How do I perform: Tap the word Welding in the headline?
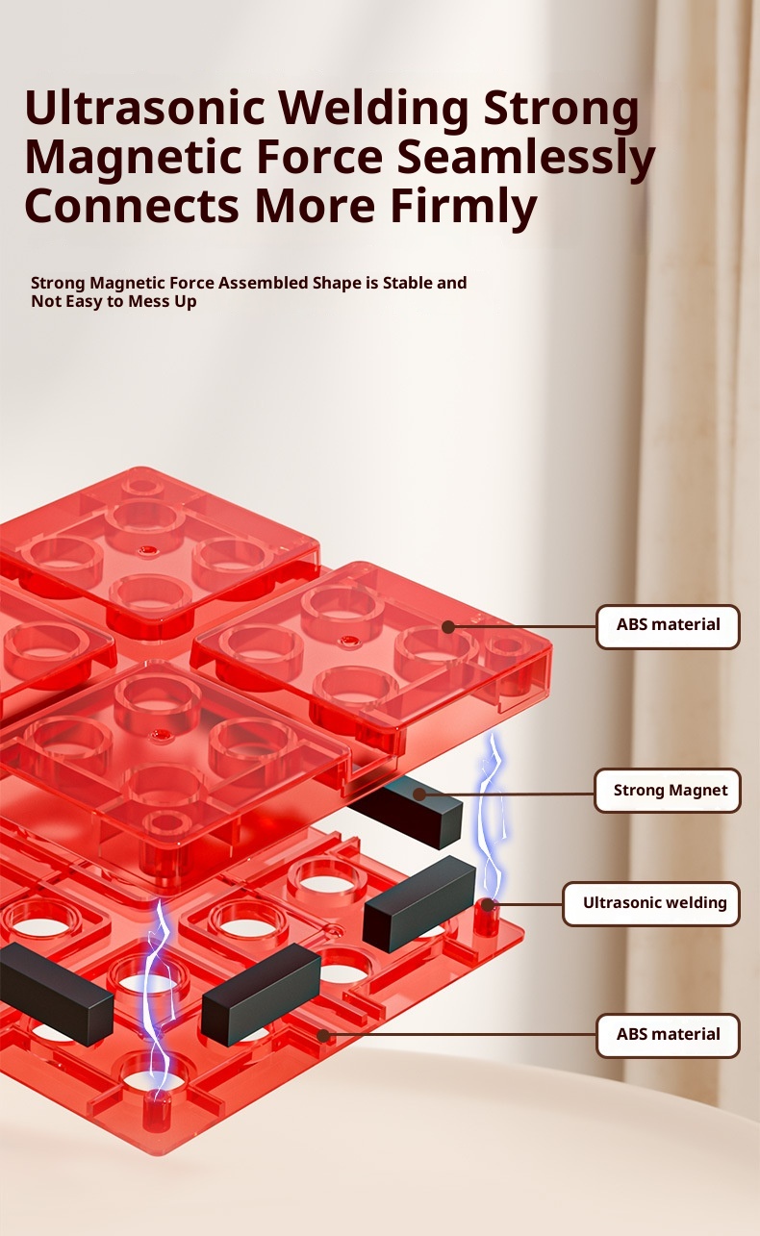pos(373,109)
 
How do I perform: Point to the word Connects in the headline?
pos(132,206)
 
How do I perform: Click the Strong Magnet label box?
pos(668,790)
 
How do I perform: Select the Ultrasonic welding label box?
pos(651,903)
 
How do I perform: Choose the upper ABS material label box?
pos(668,626)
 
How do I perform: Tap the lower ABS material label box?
pos(668,1035)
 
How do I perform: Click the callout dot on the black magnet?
pos(419,794)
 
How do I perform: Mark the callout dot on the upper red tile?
pos(448,627)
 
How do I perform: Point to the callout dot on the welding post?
pos(488,905)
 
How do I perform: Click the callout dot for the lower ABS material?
pos(323,1036)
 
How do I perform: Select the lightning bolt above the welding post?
pos(493,817)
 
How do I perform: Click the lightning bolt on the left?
pos(159,999)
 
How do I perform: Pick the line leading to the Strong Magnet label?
pos(507,794)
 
